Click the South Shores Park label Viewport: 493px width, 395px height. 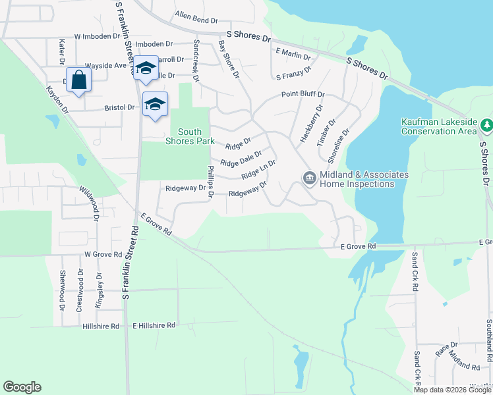click(x=194, y=136)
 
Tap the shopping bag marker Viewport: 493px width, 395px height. click(x=78, y=80)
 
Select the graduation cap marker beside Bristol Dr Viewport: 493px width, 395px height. click(x=155, y=105)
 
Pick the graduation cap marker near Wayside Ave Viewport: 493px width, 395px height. click(x=146, y=68)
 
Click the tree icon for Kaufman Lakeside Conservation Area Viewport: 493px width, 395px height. click(x=486, y=124)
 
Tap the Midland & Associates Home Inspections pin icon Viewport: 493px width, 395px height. click(x=309, y=178)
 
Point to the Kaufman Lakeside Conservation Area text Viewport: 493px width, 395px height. click(x=438, y=126)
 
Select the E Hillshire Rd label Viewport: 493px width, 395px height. click(x=154, y=325)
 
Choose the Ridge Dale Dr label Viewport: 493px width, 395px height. click(x=241, y=159)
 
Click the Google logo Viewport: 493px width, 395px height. click(x=22, y=387)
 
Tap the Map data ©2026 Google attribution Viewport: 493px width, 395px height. click(x=452, y=390)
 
